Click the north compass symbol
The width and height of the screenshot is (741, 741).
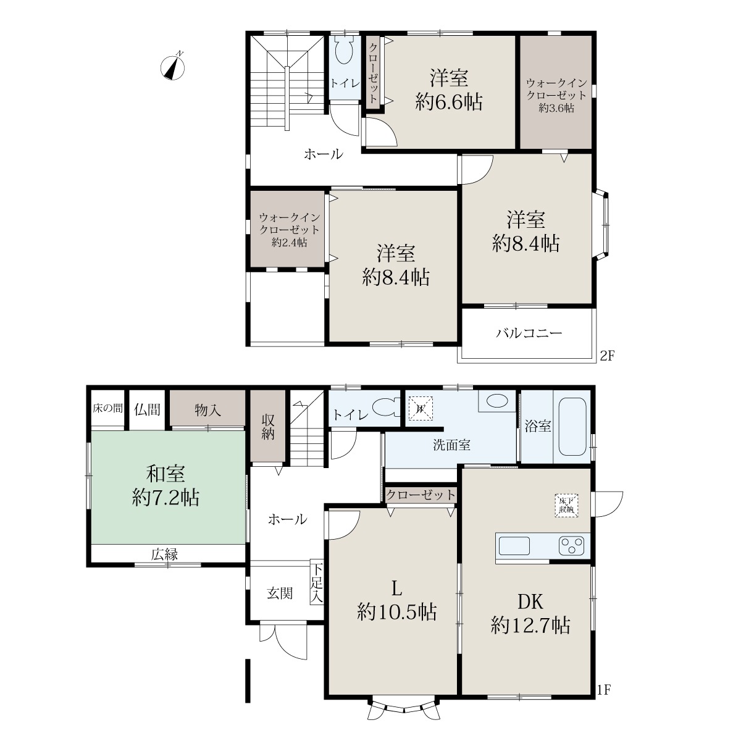tap(173, 67)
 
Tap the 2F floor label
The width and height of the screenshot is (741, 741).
tap(608, 356)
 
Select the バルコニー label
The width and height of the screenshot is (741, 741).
tap(529, 333)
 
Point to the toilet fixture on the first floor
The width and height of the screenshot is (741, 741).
tap(387, 407)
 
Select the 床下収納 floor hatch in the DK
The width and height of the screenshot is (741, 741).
tap(566, 505)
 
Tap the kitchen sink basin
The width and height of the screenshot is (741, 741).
tap(514, 546)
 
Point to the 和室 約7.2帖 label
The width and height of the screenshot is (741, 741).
tap(165, 486)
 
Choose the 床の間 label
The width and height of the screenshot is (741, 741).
tap(108, 408)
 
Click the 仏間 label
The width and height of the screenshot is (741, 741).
tap(147, 409)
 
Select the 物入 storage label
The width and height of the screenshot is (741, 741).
tap(207, 410)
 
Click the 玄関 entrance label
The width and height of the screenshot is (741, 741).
tap(280, 593)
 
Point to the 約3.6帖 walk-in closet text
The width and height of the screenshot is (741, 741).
tap(556, 108)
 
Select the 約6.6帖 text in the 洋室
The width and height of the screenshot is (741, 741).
tap(449, 103)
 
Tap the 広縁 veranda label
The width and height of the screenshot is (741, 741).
tap(165, 555)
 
